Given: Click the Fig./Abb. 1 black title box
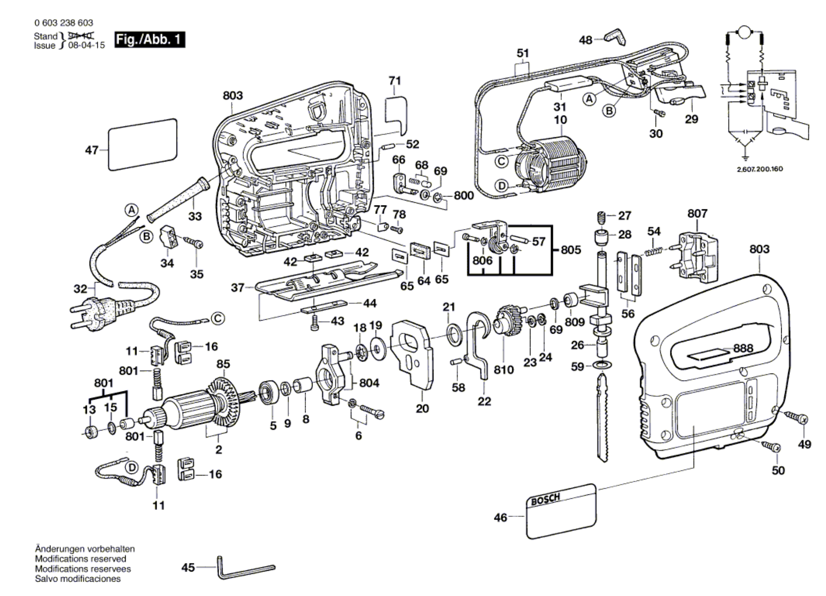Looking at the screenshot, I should [150, 40].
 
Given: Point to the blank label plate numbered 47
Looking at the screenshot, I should [143, 145].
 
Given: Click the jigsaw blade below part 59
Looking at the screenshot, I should [603, 417].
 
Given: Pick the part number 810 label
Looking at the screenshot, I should [503, 370].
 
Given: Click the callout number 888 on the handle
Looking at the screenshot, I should [743, 348].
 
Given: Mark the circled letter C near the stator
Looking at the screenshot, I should [502, 162].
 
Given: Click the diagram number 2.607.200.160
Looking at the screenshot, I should [759, 169].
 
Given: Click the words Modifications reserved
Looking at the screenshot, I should [80, 559].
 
